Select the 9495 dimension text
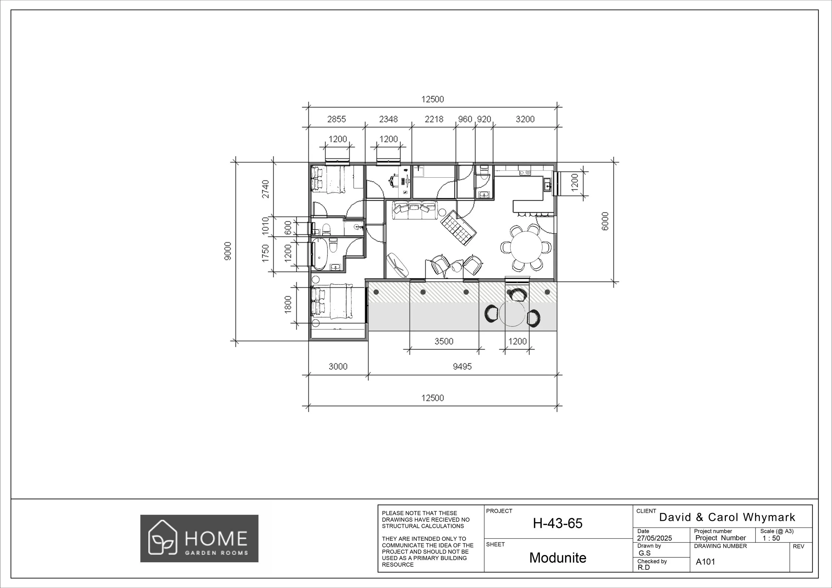click(462, 367)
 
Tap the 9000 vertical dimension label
click(227, 251)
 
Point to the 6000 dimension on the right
click(605, 221)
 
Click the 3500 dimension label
click(444, 341)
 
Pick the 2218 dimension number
click(434, 119)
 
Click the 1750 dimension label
click(266, 253)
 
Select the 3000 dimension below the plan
click(338, 367)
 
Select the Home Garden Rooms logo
click(199, 538)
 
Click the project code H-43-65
click(557, 523)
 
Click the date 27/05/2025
click(654, 538)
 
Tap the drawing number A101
click(705, 562)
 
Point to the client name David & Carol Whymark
click(727, 517)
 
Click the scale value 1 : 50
click(771, 538)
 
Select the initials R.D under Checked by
click(644, 567)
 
